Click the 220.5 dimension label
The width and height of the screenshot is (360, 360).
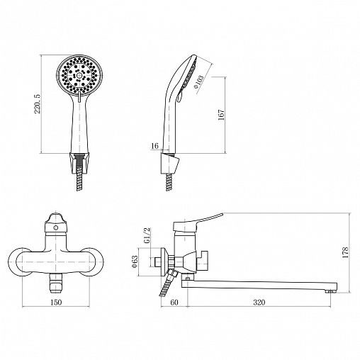38,103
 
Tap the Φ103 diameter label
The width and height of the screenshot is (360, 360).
198,82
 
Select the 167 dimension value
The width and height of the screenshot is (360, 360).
221,115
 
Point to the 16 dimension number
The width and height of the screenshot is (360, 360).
154,146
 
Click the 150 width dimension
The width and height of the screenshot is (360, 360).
56,302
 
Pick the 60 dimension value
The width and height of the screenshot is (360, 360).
174,302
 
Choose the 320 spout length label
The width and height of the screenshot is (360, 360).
259,302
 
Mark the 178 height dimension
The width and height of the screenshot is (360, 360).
345,252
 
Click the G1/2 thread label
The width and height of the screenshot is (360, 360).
147,236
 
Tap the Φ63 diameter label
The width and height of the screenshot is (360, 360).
135,261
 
